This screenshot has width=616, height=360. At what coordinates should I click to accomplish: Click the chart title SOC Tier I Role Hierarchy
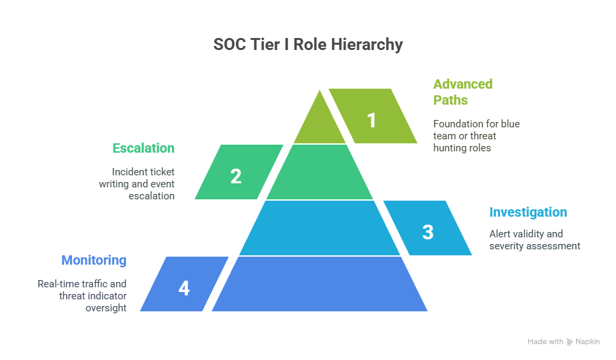pyautogui.click(x=308, y=45)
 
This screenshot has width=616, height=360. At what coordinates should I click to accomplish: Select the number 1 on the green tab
pyautogui.click(x=371, y=120)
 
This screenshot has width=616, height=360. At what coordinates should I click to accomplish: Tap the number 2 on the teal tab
pyautogui.click(x=236, y=176)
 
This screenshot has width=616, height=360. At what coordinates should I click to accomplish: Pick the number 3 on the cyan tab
pyautogui.click(x=428, y=232)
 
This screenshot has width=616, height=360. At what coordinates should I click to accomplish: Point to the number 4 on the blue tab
pyautogui.click(x=184, y=288)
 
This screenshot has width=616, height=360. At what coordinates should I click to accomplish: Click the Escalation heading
pyautogui.click(x=143, y=148)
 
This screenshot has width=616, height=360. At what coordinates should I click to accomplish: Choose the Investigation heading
pyautogui.click(x=528, y=212)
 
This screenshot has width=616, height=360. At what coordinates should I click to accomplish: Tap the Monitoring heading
pyautogui.click(x=94, y=260)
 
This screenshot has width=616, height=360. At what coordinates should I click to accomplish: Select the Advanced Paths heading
pyautogui.click(x=463, y=92)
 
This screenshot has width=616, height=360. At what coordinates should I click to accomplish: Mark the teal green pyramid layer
pyautogui.click(x=320, y=172)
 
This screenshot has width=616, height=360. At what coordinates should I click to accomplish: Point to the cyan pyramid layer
pyautogui.click(x=320, y=228)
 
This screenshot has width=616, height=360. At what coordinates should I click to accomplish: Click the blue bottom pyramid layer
pyautogui.click(x=320, y=284)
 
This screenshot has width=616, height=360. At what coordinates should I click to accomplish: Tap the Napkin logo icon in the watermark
pyautogui.click(x=569, y=342)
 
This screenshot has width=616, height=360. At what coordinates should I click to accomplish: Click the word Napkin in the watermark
pyautogui.click(x=588, y=341)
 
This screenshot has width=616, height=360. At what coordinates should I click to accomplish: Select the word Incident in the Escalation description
pyautogui.click(x=127, y=172)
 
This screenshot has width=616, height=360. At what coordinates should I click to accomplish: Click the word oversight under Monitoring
pyautogui.click(x=106, y=308)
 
